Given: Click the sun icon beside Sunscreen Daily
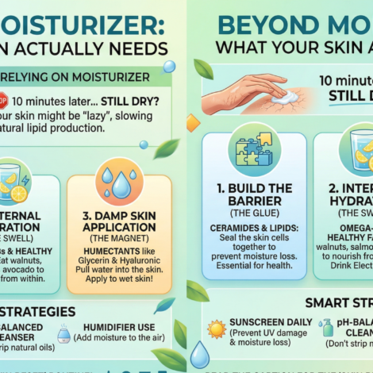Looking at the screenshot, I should (x=217, y=327).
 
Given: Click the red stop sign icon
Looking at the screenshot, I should (x=3, y=101).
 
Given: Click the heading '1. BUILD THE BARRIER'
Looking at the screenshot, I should (x=253, y=195).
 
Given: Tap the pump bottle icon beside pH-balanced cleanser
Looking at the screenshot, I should (x=328, y=329).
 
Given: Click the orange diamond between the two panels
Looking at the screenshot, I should (x=191, y=123).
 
